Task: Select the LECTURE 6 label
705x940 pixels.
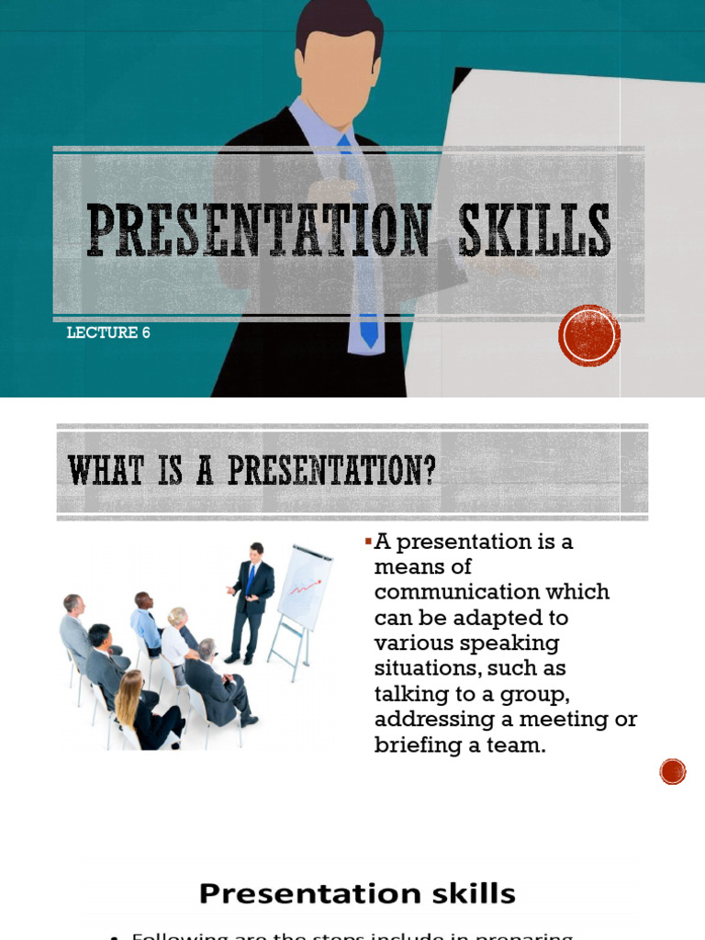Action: [x=108, y=332]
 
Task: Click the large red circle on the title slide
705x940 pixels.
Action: [x=589, y=336]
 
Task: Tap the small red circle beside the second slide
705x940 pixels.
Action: [x=673, y=772]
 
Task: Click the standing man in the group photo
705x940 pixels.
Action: [x=251, y=601]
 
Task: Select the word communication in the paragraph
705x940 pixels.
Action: [x=491, y=592]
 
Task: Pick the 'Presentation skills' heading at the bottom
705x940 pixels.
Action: [x=357, y=894]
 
